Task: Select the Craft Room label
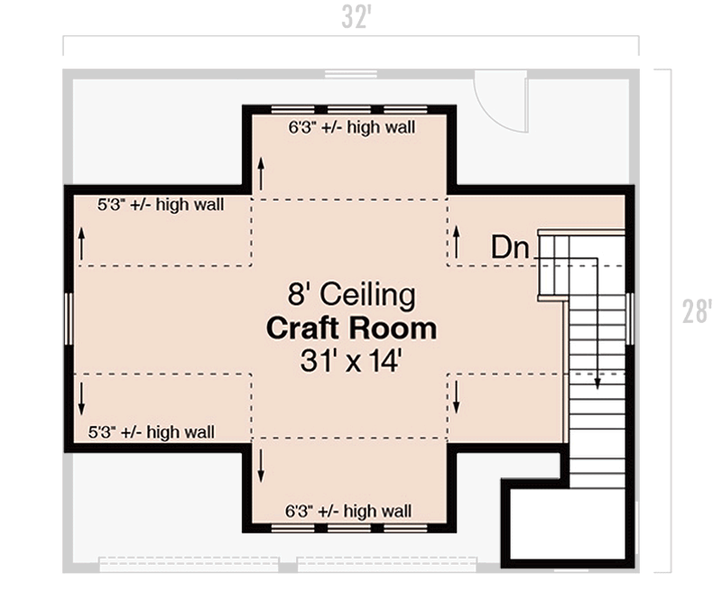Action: pyautogui.click(x=351, y=328)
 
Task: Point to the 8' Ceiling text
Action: pyautogui.click(x=351, y=295)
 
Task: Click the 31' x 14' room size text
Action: pyautogui.click(x=351, y=361)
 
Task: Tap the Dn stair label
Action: pyautogui.click(x=510, y=248)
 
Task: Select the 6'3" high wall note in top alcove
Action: pyautogui.click(x=351, y=128)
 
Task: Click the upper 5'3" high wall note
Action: pyautogui.click(x=161, y=205)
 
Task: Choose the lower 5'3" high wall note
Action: pyautogui.click(x=151, y=432)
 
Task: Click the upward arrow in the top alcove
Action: pyautogui.click(x=262, y=172)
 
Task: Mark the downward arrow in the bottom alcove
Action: pyautogui.click(x=262, y=464)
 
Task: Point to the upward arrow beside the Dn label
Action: pyautogui.click(x=457, y=241)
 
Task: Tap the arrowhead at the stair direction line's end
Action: pyautogui.click(x=597, y=383)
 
